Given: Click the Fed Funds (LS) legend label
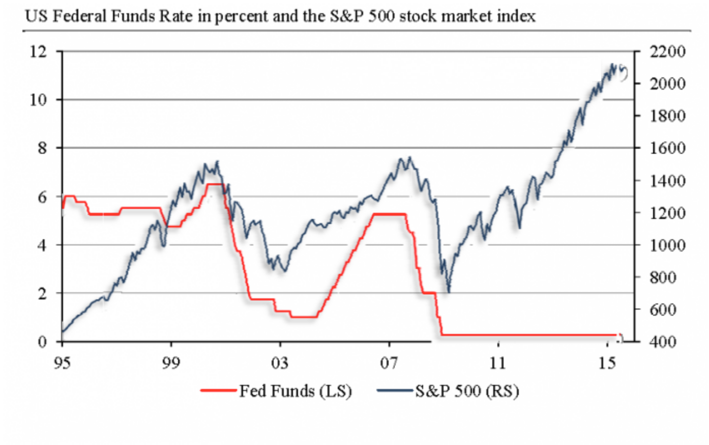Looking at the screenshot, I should [296, 391].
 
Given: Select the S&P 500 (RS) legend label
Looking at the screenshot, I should [467, 391].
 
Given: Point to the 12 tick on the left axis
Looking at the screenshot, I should [38, 51].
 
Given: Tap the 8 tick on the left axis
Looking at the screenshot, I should [42, 148].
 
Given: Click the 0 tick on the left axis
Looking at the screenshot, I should [42, 342].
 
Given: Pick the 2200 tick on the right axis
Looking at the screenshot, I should [667, 51].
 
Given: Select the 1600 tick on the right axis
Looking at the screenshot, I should [667, 148].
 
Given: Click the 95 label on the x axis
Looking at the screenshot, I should [62, 363].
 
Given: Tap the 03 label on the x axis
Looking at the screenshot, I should [280, 363].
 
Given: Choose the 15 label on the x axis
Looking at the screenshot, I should [607, 363].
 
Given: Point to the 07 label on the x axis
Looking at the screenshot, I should [389, 363].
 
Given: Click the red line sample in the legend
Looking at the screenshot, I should [219, 391].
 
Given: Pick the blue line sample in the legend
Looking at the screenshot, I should [395, 391].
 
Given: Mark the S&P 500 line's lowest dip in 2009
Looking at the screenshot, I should [449, 291].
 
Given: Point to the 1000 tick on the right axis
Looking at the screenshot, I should [667, 245].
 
